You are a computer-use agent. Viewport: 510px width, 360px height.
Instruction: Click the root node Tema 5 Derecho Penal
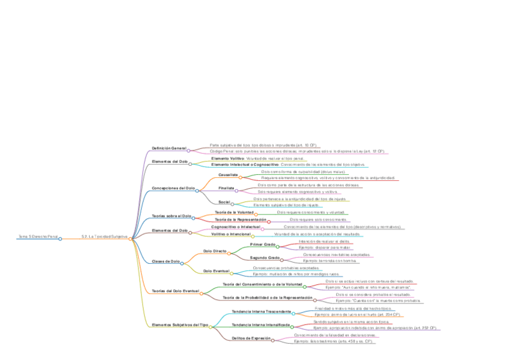(38, 237)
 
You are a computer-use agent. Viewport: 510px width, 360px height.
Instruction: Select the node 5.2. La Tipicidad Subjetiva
(104, 237)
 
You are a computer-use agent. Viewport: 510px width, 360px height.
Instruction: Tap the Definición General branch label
(168, 148)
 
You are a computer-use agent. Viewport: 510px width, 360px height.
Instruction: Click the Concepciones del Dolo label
(173, 189)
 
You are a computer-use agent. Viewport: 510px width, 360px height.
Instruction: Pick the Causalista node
(228, 175)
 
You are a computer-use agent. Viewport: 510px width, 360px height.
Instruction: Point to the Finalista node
(226, 188)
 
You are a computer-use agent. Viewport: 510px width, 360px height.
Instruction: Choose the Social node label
(224, 202)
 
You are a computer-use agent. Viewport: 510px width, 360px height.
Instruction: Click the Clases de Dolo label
(166, 261)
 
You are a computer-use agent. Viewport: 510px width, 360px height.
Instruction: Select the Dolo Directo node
(215, 251)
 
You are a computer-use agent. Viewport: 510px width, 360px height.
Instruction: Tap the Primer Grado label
(263, 245)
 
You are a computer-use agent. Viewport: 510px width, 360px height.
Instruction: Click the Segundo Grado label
(265, 258)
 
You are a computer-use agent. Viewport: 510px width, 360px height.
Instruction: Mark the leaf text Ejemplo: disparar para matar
(324, 247)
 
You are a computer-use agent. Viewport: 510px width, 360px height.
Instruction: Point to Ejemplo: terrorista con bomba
(330, 261)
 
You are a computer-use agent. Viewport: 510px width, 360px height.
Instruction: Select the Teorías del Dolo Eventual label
(175, 291)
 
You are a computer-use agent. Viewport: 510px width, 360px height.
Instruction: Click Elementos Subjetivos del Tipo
(179, 325)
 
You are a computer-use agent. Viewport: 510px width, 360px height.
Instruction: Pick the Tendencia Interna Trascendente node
(261, 311)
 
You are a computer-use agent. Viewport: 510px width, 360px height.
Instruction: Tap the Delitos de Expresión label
(251, 338)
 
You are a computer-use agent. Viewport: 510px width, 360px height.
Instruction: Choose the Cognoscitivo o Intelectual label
(236, 227)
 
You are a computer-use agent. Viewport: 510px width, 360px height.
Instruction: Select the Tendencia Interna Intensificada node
(261, 325)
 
